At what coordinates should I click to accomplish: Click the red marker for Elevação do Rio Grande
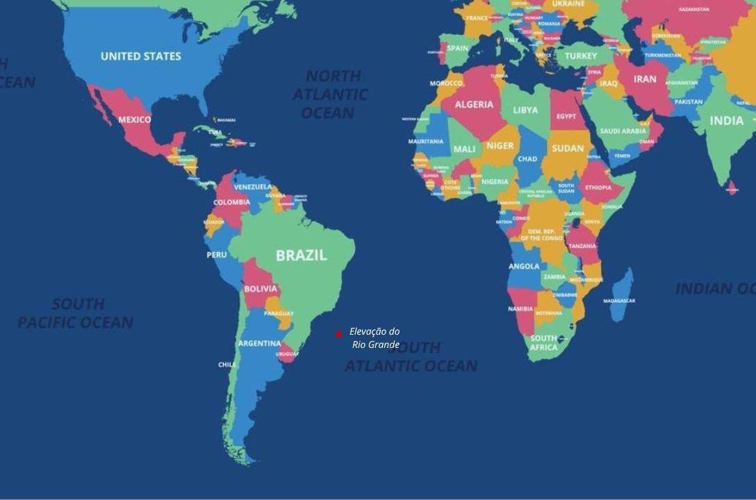tap(339, 335)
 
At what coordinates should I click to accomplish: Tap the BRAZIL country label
tap(301, 256)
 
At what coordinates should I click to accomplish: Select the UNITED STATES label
tap(141, 56)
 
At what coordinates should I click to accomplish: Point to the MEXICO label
tap(134, 119)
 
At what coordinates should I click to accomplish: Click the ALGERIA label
tap(474, 105)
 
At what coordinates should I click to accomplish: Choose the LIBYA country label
tap(525, 110)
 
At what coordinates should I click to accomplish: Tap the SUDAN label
tap(568, 148)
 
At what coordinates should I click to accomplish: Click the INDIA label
tap(726, 121)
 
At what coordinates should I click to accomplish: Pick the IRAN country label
tap(645, 79)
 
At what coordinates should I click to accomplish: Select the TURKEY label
tap(581, 56)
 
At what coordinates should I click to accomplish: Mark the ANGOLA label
tap(524, 267)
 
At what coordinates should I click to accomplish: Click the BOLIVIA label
tap(261, 289)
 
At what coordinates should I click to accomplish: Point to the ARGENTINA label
tap(259, 344)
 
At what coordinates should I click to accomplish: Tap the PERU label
tap(216, 255)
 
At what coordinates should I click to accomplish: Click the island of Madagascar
tap(623, 295)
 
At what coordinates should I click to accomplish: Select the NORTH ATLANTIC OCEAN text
tap(330, 94)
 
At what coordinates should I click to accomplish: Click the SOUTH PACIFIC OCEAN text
tap(76, 313)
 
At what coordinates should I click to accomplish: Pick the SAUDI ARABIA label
tap(623, 131)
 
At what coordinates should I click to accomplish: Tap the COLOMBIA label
tap(231, 203)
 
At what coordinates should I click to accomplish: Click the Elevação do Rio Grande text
tap(375, 338)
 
